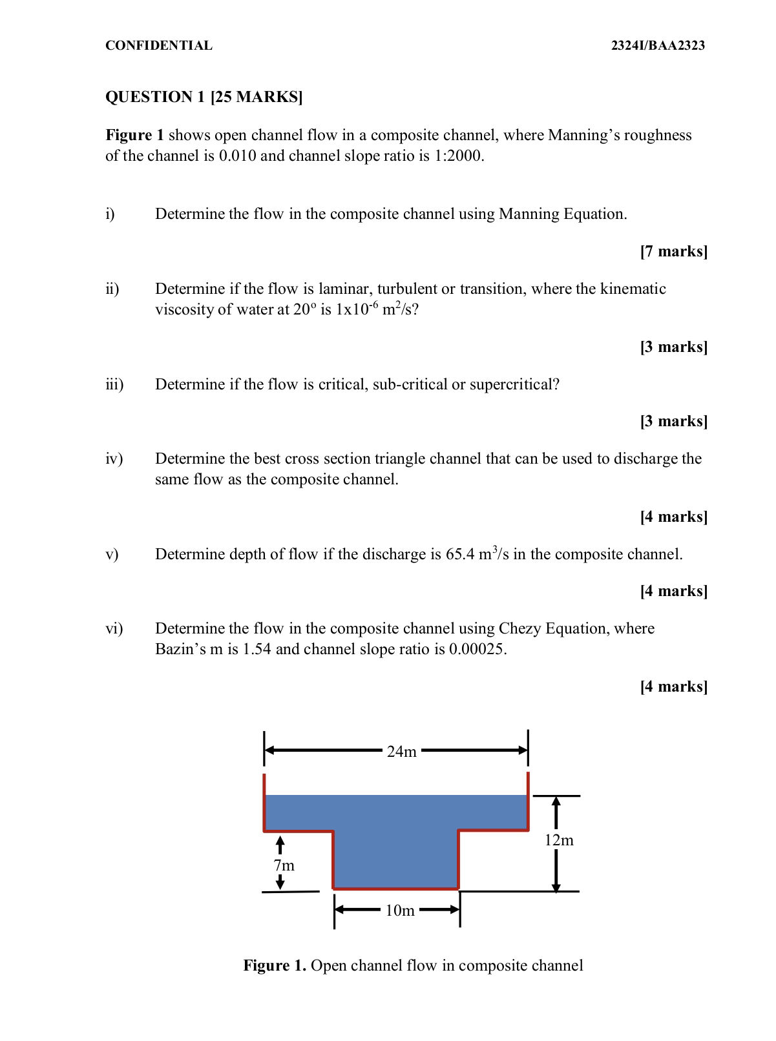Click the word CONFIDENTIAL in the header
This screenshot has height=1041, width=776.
pyautogui.click(x=159, y=45)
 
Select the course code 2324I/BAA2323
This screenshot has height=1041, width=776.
pyautogui.click(x=658, y=45)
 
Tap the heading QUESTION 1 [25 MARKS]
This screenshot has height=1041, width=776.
pyautogui.click(x=204, y=97)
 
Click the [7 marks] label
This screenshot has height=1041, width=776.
pyautogui.click(x=673, y=251)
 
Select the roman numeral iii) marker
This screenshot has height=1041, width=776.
pyautogui.click(x=114, y=384)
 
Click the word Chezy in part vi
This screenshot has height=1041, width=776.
pyautogui.click(x=520, y=628)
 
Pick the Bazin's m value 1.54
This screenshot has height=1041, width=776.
pyautogui.click(x=257, y=649)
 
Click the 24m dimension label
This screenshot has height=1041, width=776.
pyautogui.click(x=401, y=752)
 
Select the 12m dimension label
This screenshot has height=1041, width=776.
pyautogui.click(x=559, y=840)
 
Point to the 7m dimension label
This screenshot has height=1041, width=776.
pyautogui.click(x=284, y=865)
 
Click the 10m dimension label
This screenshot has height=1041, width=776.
pyautogui.click(x=399, y=911)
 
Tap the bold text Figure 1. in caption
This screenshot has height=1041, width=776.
pyautogui.click(x=275, y=965)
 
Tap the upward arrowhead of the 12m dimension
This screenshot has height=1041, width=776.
pyautogui.click(x=556, y=802)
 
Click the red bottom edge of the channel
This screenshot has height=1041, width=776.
pyautogui.click(x=395, y=889)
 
